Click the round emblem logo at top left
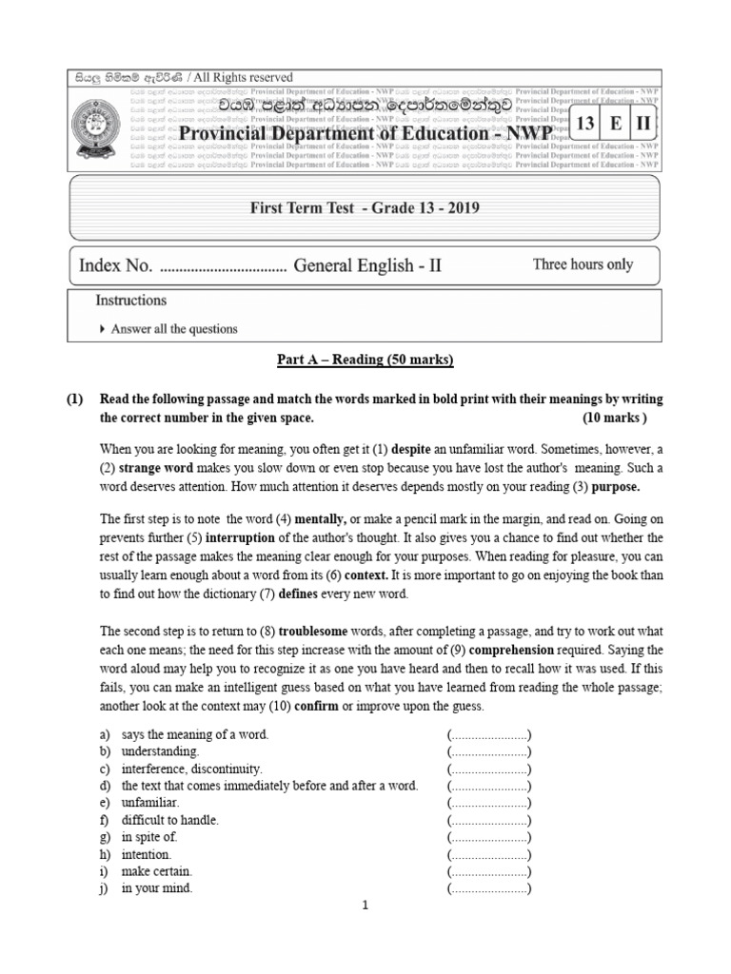click(98, 129)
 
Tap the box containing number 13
click(586, 124)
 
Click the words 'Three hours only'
click(583, 264)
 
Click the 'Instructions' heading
click(131, 301)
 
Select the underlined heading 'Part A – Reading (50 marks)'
click(365, 360)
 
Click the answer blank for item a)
click(489, 734)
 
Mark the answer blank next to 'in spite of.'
click(489, 837)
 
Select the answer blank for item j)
click(489, 888)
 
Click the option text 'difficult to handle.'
click(170, 820)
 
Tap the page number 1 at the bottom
click(365, 906)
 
